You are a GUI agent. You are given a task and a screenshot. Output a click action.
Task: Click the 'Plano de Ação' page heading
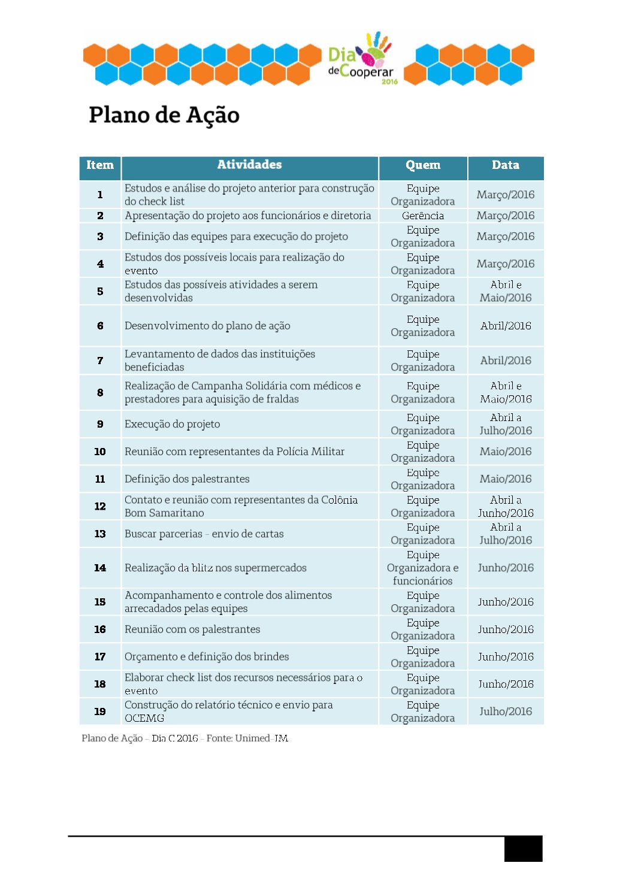pyautogui.click(x=164, y=115)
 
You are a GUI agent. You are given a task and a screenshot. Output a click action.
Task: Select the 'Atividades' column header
pyautogui.click(x=249, y=165)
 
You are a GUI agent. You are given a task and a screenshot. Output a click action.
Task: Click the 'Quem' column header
pyautogui.click(x=423, y=165)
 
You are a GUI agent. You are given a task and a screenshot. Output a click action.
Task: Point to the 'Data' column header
pyautogui.click(x=506, y=165)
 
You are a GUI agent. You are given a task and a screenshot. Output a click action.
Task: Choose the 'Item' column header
pyautogui.click(x=100, y=165)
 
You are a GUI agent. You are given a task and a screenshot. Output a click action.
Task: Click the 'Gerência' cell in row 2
pyautogui.click(x=423, y=216)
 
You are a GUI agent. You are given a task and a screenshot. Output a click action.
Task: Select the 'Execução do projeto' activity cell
pyautogui.click(x=173, y=424)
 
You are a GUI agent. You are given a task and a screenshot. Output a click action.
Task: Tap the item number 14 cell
pyautogui.click(x=100, y=568)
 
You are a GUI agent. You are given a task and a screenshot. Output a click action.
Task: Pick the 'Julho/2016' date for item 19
pyautogui.click(x=506, y=712)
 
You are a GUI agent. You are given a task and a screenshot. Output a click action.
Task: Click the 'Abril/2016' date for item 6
pyautogui.click(x=506, y=326)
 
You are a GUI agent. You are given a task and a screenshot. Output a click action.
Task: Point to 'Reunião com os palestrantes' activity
pyautogui.click(x=192, y=629)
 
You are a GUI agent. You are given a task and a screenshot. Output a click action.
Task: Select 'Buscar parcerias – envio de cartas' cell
pyautogui.click(x=204, y=534)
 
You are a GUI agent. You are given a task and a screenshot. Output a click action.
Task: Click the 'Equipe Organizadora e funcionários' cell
pyautogui.click(x=423, y=568)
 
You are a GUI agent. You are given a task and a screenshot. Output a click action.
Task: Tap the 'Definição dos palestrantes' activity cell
pyautogui.click(x=187, y=479)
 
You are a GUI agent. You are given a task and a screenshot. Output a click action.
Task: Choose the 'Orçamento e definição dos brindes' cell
pyautogui.click(x=207, y=657)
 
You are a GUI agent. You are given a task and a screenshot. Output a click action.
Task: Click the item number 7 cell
pyautogui.click(x=100, y=361)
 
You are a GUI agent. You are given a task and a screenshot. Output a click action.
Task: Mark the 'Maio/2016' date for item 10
pyautogui.click(x=506, y=452)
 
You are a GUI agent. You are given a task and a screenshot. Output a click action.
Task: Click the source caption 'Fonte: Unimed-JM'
pyautogui.click(x=247, y=738)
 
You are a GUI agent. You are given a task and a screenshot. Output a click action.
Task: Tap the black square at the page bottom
pyautogui.click(x=523, y=849)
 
